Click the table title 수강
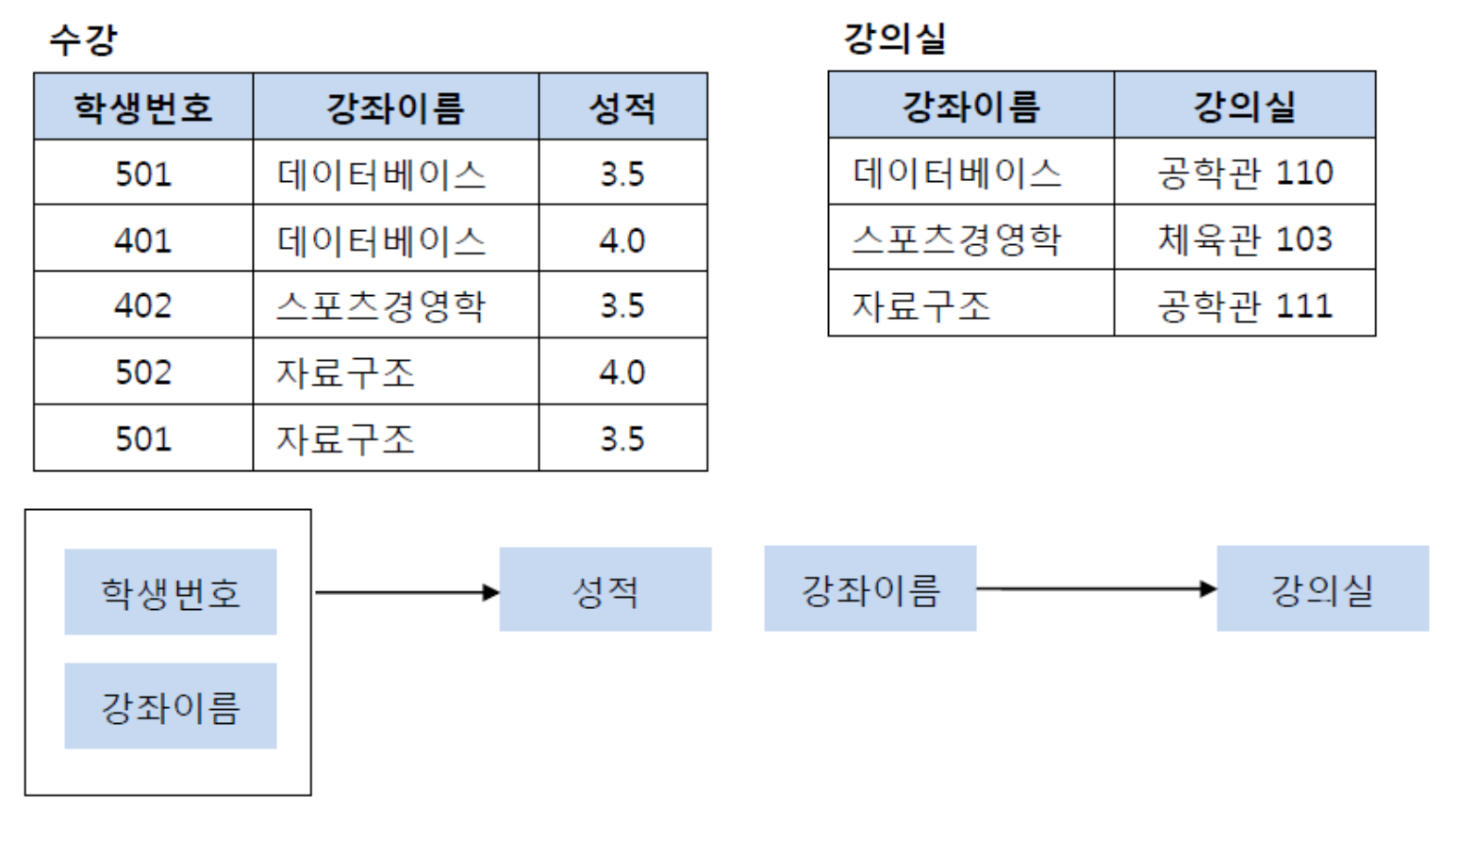(83, 40)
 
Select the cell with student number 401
(143, 240)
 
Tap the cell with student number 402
(143, 305)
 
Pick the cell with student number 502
(143, 372)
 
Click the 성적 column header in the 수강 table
(622, 107)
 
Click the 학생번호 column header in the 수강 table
(143, 107)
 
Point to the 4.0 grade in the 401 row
(622, 240)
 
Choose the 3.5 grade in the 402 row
(622, 305)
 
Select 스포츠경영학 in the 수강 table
(381, 305)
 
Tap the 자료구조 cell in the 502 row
(345, 372)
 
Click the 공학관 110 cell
(1245, 173)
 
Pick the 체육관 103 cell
(1245, 239)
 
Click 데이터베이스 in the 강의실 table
(957, 173)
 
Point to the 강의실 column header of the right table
(1245, 106)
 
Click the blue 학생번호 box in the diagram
(171, 592)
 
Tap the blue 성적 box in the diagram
(605, 590)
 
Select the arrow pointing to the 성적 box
(406, 592)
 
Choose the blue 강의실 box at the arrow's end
(1322, 589)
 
